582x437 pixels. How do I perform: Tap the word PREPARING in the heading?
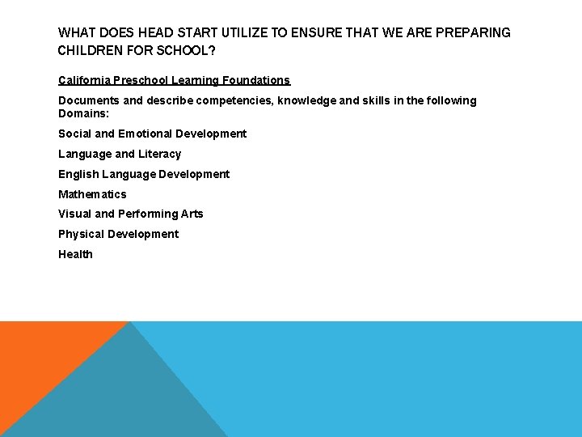coord(473,33)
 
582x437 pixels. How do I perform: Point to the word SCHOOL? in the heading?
coord(192,51)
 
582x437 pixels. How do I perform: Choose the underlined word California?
coord(84,81)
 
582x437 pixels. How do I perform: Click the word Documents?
coord(86,101)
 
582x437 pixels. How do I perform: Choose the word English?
coord(77,174)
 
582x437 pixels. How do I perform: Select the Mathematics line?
coord(92,194)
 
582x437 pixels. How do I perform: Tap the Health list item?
coord(75,254)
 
